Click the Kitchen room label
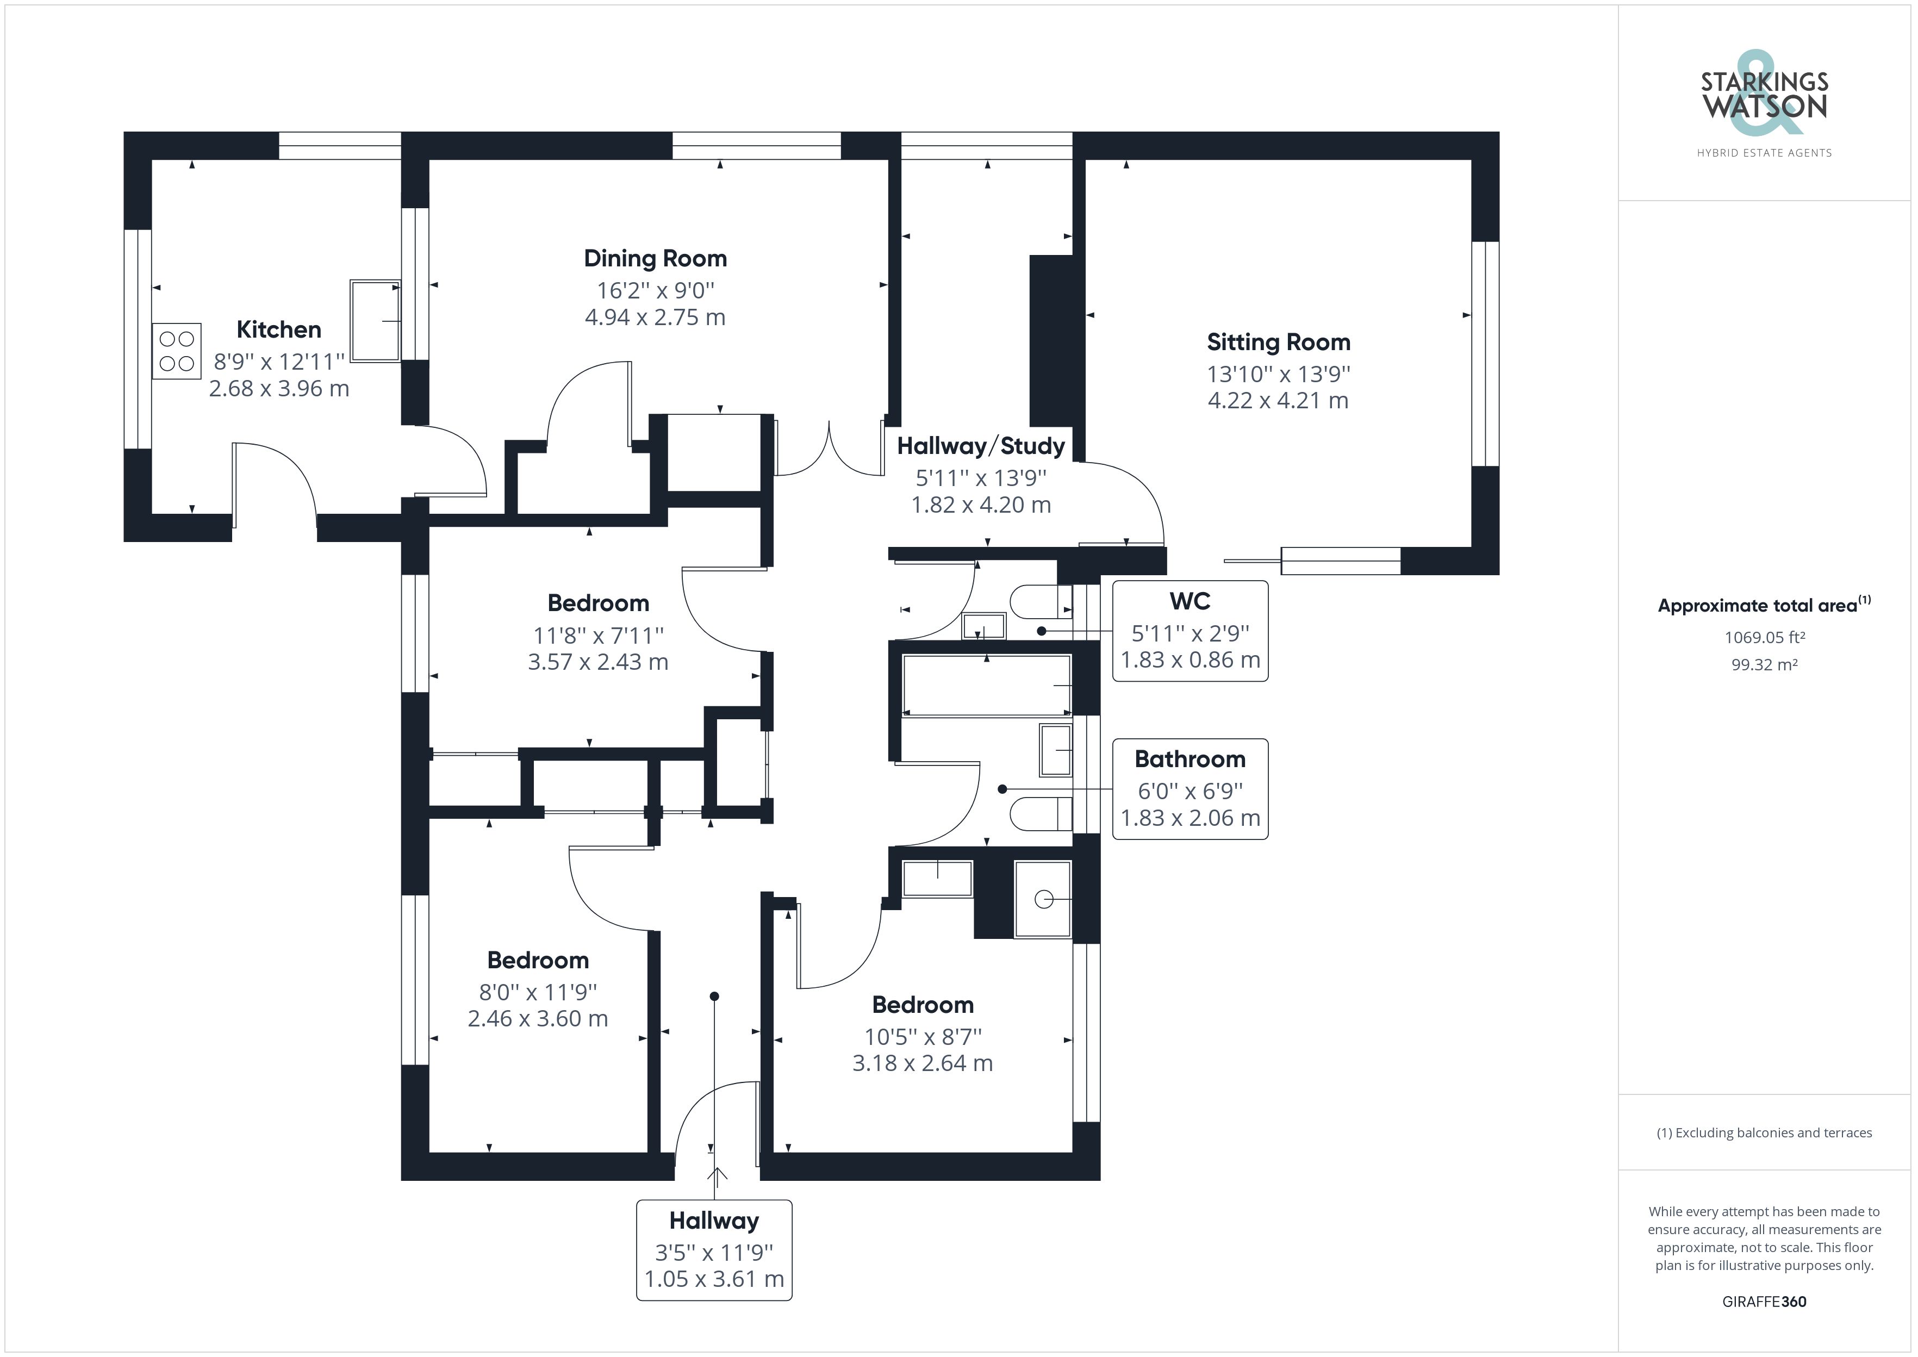click(278, 329)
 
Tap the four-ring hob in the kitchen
click(176, 351)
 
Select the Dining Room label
click(655, 258)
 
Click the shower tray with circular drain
click(1043, 899)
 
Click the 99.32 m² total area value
click(1764, 665)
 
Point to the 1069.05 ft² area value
click(1764, 638)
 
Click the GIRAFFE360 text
click(1764, 1302)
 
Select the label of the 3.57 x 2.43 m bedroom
click(597, 603)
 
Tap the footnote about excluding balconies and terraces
click(1764, 1133)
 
